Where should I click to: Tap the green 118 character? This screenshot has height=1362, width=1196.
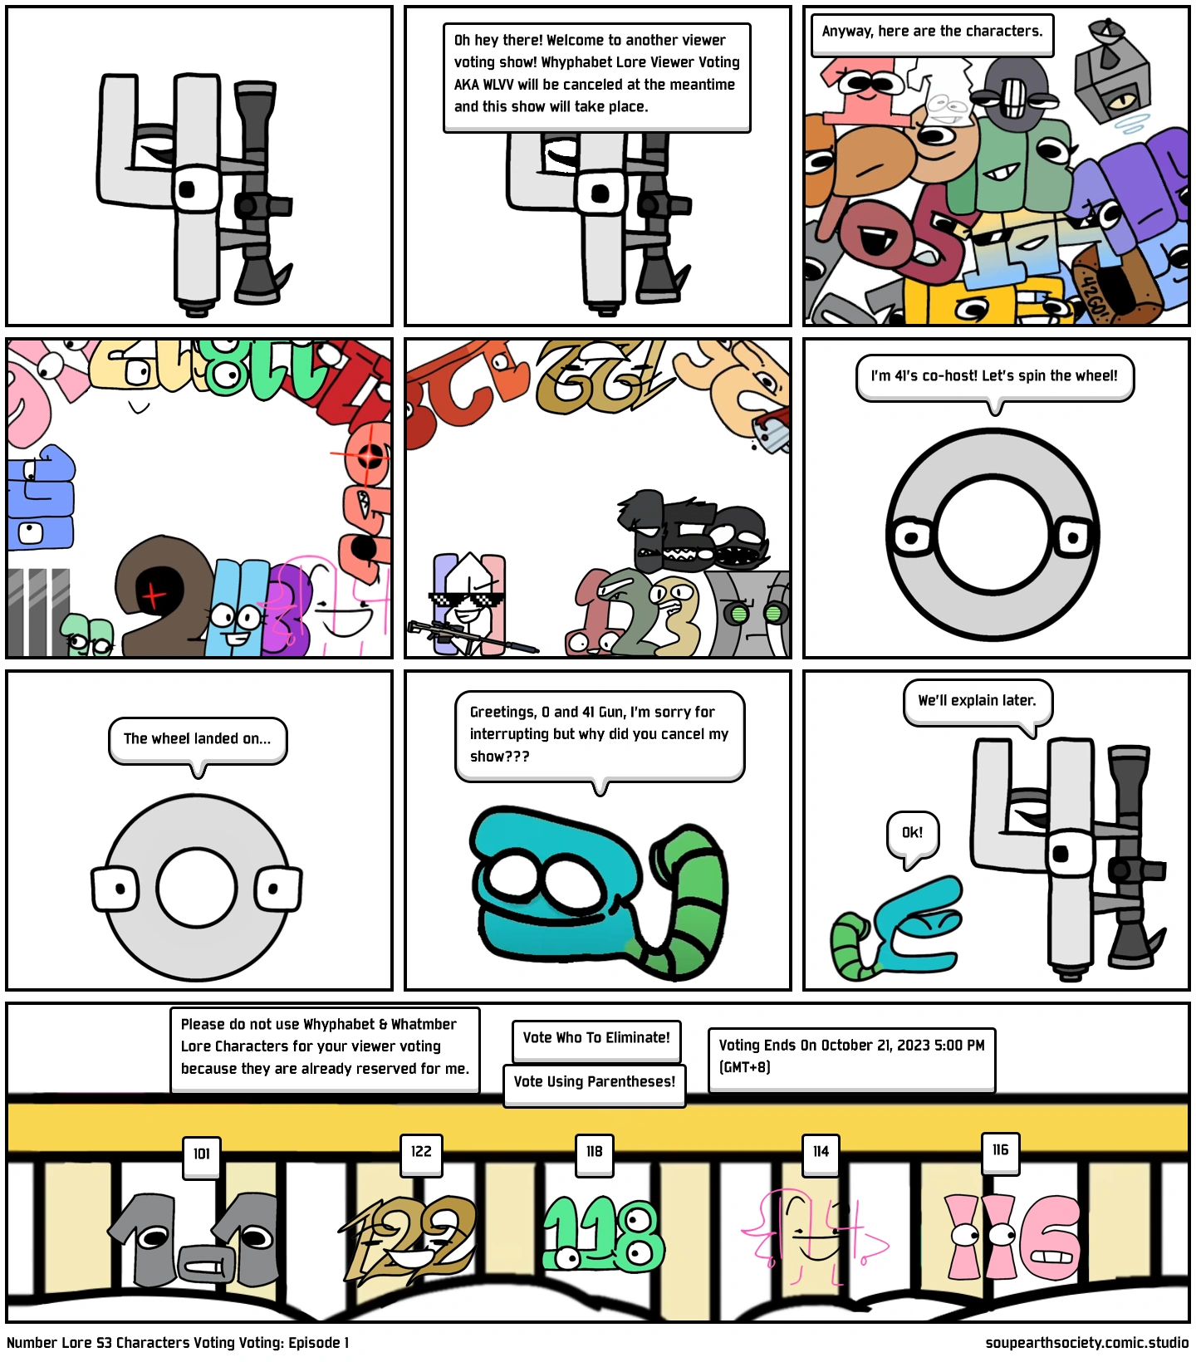point(604,1234)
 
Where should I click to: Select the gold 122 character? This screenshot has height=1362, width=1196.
point(409,1237)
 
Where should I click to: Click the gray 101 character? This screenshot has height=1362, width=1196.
point(194,1240)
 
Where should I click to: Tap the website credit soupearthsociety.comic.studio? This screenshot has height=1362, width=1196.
point(1086,1343)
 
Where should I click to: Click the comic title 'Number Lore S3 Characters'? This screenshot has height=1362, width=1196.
point(110,1343)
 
